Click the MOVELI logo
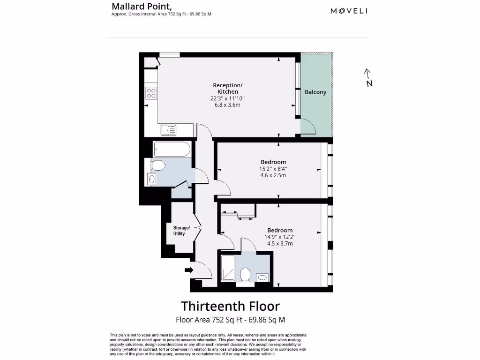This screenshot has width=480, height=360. pos(349,11)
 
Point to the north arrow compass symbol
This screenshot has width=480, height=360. pos(368,78)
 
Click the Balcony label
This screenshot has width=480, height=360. pos(315,92)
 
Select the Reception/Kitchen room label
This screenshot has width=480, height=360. pos(228,89)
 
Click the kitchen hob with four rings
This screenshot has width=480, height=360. pos(151,93)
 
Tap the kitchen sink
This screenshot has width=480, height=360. pos(168,130)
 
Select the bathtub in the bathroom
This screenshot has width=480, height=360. pos(172,150)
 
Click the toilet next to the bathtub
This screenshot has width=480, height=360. pos(158,165)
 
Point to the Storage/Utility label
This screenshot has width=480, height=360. pos(180,231)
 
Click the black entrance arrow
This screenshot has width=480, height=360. pos(189,270)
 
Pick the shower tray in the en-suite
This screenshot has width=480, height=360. pos(228,269)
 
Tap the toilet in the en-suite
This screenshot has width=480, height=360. pos(245,274)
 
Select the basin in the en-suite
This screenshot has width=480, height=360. pos(262,277)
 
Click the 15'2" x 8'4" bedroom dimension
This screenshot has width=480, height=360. pos(273,169)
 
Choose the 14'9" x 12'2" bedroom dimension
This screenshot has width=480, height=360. pos(280,237)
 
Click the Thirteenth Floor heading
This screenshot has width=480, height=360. pos(230,306)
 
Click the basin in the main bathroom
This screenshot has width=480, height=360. pos(151,179)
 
